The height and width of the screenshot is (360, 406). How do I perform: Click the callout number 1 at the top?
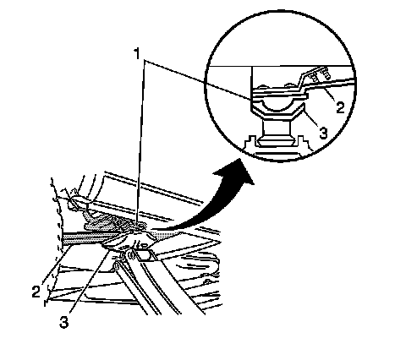137,54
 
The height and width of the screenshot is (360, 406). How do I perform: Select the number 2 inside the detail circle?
340,107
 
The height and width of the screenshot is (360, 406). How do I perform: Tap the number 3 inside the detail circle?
323,133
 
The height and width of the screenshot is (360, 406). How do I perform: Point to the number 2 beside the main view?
36,292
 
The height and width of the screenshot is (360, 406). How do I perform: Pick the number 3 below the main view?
64,322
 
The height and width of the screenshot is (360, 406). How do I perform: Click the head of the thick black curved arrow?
236,172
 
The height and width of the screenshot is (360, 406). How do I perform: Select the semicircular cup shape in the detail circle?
277,106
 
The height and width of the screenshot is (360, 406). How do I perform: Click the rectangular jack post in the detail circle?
276,128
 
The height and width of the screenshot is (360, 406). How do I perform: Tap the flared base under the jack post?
276,141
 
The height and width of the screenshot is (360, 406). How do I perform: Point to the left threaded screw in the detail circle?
314,77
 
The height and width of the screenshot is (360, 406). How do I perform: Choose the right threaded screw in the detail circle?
325,73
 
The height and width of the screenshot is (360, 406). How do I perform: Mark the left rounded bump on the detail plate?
263,86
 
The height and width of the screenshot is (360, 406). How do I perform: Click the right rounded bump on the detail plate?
289,85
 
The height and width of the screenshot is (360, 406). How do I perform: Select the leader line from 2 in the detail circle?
329,95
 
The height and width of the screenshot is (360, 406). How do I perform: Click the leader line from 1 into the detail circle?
198,79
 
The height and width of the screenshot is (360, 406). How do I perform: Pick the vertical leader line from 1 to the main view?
141,142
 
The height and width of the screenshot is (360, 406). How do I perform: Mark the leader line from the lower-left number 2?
56,264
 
